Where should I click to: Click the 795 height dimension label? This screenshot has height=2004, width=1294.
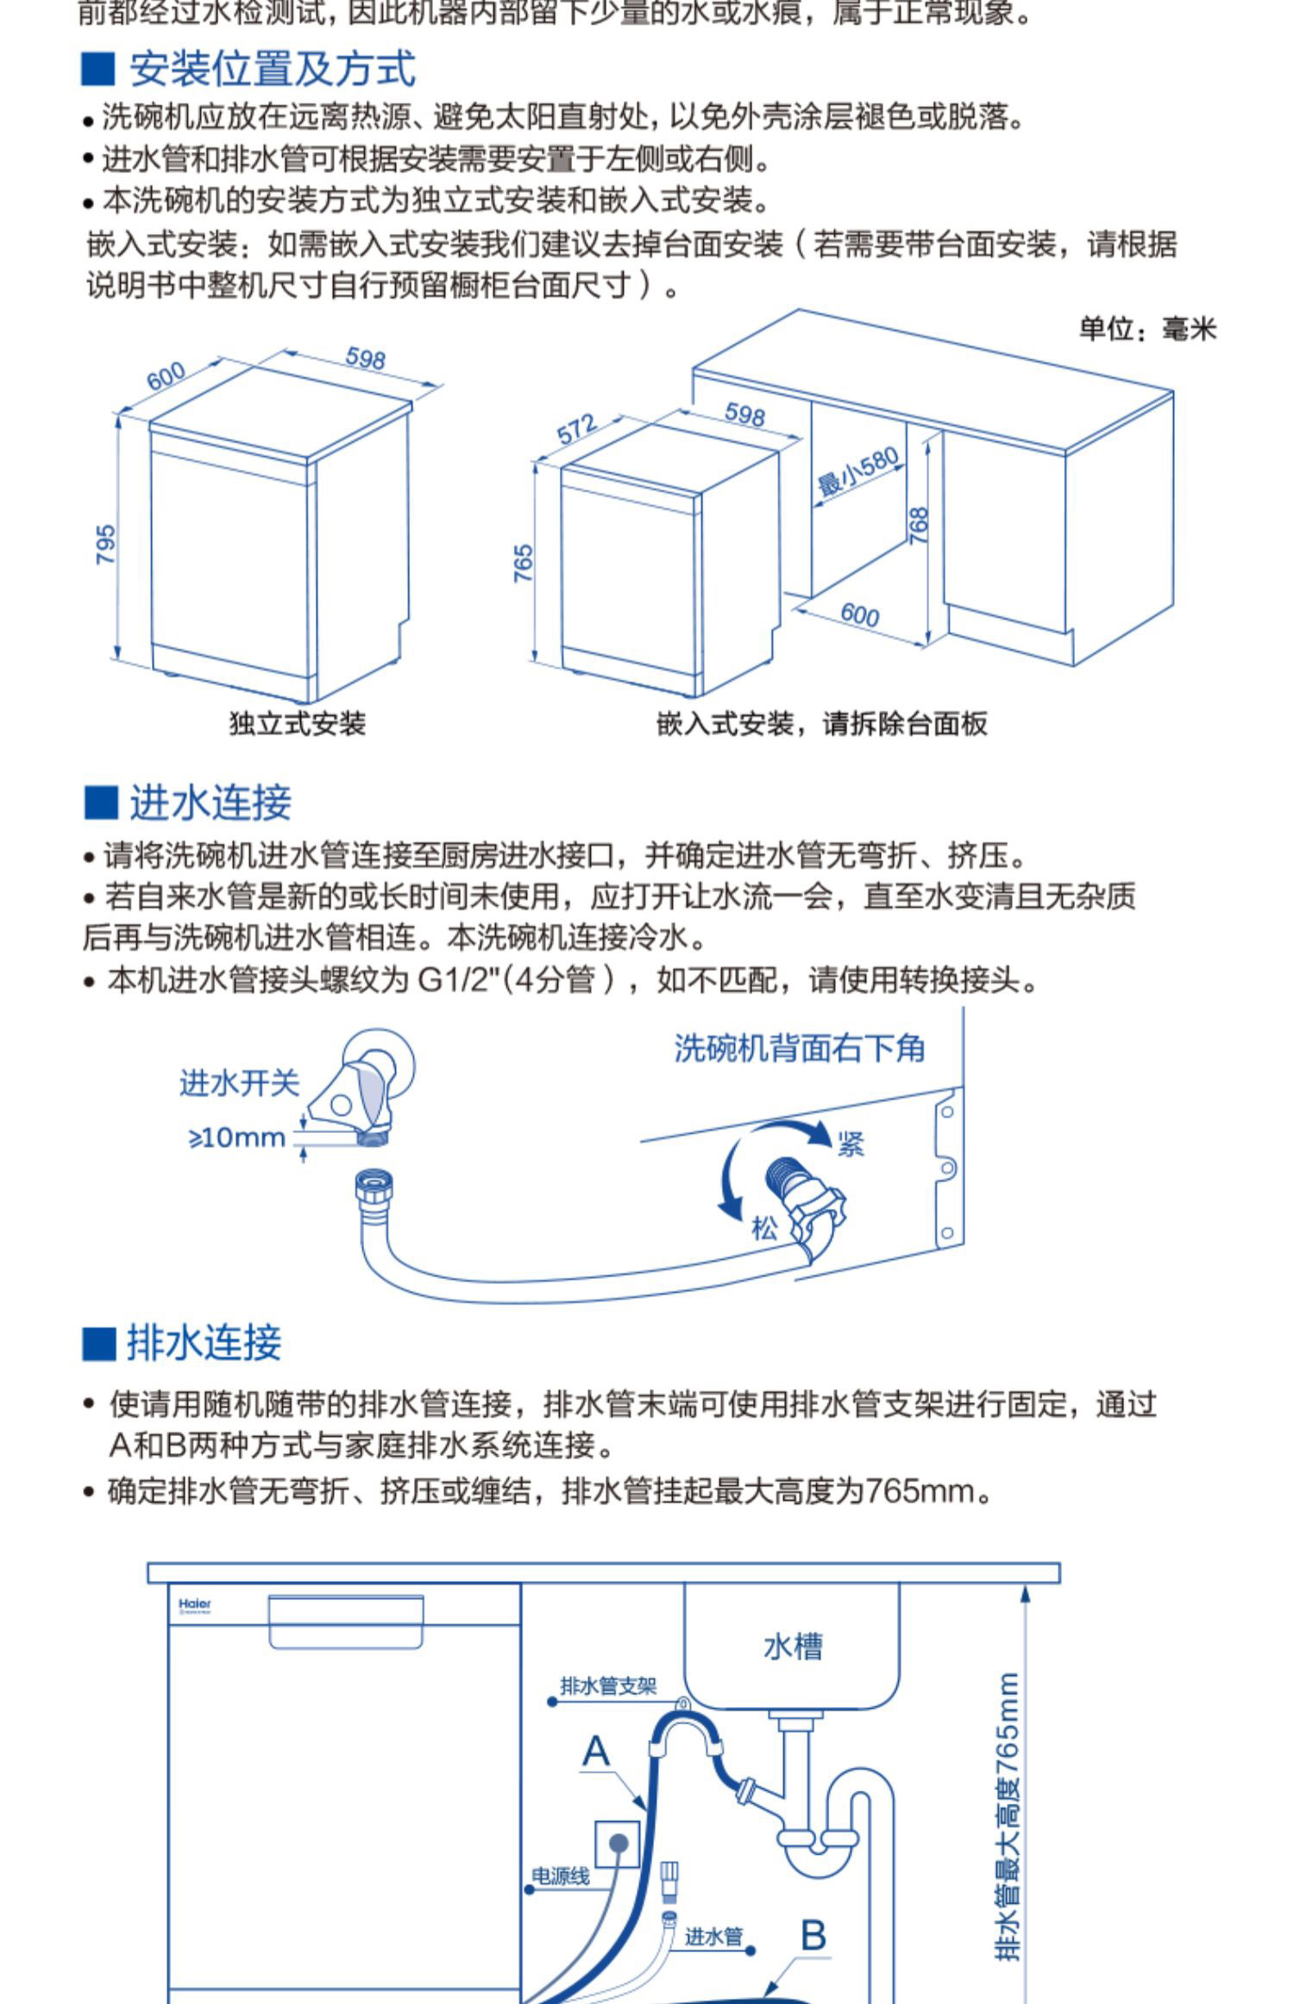click(105, 545)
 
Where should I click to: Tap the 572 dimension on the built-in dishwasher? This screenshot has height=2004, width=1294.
click(576, 428)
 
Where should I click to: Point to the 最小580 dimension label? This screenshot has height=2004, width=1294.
click(857, 472)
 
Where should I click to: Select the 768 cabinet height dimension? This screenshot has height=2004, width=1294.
click(920, 525)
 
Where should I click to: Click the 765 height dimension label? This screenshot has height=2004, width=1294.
click(524, 564)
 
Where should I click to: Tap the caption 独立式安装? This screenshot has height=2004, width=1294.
click(297, 723)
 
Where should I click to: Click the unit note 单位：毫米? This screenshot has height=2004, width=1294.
click(1146, 329)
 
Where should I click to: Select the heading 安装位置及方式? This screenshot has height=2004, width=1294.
click(272, 69)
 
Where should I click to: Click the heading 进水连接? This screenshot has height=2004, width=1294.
click(210, 803)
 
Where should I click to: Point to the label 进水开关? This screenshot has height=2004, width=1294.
click(239, 1083)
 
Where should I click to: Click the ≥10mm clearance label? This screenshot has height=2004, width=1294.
click(237, 1137)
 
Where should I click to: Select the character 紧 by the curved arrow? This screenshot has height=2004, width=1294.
click(851, 1144)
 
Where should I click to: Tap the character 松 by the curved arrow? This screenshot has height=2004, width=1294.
click(764, 1227)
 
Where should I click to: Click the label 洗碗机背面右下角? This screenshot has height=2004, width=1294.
click(799, 1049)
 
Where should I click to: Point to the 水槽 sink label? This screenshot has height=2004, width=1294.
click(793, 1647)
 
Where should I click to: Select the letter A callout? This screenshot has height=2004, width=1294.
click(596, 1751)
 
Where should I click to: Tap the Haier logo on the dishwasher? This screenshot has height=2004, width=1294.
click(195, 1604)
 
